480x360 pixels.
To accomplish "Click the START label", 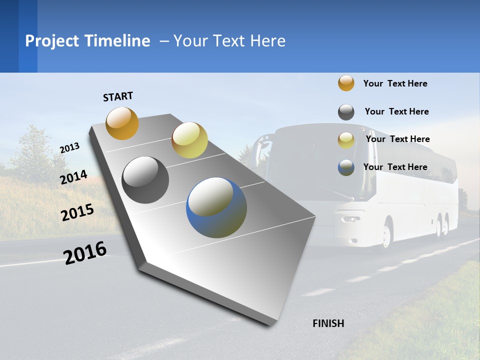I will (x=118, y=96).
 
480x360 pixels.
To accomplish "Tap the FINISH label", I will (x=328, y=323).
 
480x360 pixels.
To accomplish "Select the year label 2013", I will (x=70, y=147).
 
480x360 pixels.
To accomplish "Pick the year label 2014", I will (x=74, y=177).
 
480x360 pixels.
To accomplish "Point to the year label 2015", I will (x=77, y=212).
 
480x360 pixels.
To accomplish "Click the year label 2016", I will (x=85, y=252).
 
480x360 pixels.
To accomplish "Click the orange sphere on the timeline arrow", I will (x=122, y=123).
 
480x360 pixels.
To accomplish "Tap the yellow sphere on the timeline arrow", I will (x=189, y=140).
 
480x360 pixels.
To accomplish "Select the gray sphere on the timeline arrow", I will (x=145, y=180).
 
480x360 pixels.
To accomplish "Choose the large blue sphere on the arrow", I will (x=216, y=207).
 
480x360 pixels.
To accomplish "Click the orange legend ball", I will (x=346, y=83).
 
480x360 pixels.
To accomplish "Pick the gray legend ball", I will (x=346, y=112).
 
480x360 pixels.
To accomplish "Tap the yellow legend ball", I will (x=346, y=140).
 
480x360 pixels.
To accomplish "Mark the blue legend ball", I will (x=346, y=167).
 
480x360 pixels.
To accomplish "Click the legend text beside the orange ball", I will (x=395, y=83).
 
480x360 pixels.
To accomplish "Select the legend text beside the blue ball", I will (x=395, y=167).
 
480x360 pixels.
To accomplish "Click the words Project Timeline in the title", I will (x=87, y=41).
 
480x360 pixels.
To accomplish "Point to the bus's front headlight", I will (x=351, y=219).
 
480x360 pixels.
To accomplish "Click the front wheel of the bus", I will (x=386, y=235).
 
